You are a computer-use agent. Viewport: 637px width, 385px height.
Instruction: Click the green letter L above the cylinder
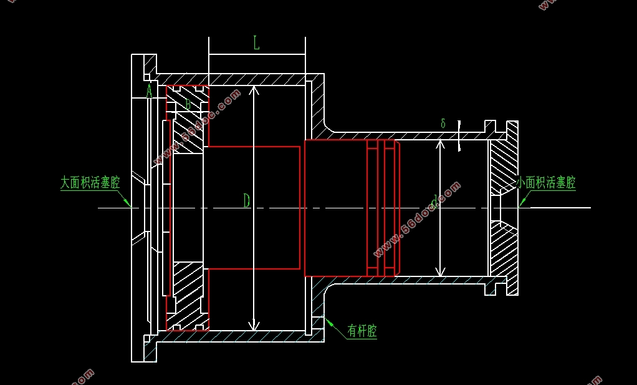(256, 43)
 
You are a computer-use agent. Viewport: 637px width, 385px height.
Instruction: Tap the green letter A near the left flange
(149, 92)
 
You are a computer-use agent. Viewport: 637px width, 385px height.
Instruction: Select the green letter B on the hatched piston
(188, 104)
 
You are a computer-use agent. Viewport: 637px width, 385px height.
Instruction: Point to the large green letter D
(246, 200)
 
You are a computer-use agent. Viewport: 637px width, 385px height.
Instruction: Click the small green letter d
(434, 200)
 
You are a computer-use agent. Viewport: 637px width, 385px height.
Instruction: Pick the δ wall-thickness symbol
(443, 124)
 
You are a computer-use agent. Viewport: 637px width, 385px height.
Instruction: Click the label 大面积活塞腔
(90, 183)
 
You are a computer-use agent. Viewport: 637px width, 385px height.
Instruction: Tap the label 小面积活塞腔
(546, 183)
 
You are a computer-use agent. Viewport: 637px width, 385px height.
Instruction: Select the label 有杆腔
(362, 331)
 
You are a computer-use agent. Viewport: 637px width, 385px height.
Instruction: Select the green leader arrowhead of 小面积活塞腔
(521, 203)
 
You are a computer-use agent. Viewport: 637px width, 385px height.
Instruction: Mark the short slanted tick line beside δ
(459, 135)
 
